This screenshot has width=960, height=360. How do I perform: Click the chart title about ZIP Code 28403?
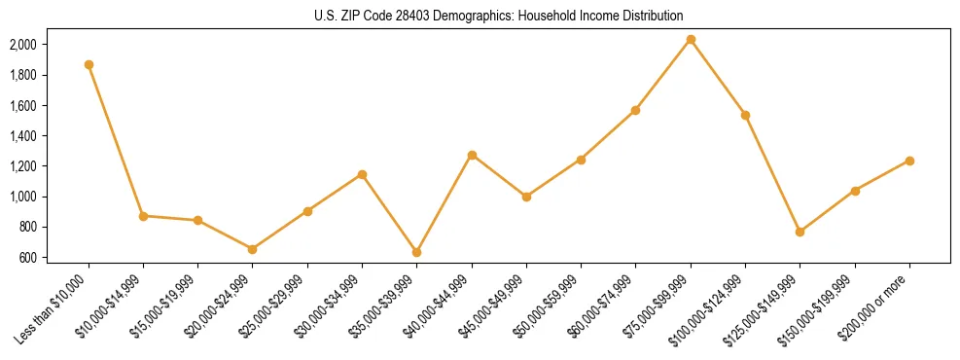[x=499, y=16]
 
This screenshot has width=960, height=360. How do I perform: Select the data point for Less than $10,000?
[x=89, y=64]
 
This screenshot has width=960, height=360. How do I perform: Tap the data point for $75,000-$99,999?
[x=691, y=39]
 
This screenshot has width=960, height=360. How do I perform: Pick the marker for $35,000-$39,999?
[x=417, y=252]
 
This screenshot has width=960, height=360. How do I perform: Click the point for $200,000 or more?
[x=909, y=161]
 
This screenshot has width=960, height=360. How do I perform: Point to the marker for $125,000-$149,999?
[x=800, y=232]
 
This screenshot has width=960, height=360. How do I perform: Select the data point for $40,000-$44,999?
[x=472, y=155]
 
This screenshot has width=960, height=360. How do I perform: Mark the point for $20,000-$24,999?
[x=253, y=249]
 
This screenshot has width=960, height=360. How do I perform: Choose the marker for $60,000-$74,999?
[x=635, y=110]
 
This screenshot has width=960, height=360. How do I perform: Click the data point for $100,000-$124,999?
[x=745, y=115]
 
